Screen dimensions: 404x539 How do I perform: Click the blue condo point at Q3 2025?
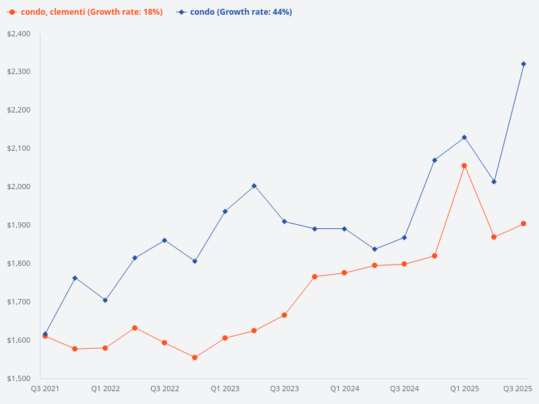pos(524,64)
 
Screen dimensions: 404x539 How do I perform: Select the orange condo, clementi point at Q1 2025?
pos(464,166)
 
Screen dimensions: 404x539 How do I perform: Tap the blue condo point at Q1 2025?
pos(464,137)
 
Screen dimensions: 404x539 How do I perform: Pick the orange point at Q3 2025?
pos(524,224)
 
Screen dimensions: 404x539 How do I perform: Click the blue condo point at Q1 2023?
pos(224,211)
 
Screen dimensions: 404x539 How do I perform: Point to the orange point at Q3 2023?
pos(284,315)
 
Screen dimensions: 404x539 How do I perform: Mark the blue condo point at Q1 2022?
pos(105,300)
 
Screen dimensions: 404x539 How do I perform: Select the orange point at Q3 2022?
pos(164,343)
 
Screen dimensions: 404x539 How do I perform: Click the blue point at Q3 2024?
pos(404,238)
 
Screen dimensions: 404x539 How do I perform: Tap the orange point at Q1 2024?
pos(344,273)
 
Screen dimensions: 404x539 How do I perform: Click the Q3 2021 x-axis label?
pos(46,389)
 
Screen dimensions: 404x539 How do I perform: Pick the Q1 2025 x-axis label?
pos(464,389)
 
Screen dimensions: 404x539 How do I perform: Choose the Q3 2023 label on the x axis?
pos(284,389)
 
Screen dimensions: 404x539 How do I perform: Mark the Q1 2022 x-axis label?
pos(105,389)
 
